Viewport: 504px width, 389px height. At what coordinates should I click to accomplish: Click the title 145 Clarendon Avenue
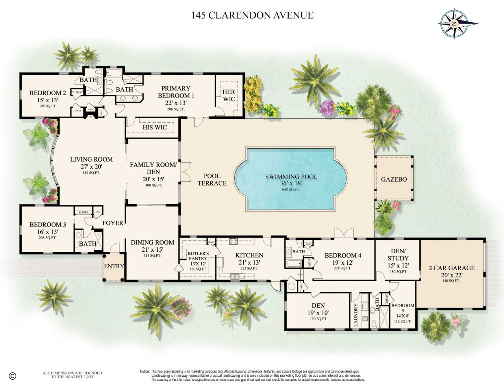click(252, 15)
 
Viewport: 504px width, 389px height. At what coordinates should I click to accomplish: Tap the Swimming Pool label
click(291, 177)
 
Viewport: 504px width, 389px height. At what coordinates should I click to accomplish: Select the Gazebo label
click(394, 179)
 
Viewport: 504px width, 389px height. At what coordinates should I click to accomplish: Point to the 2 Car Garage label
click(452, 268)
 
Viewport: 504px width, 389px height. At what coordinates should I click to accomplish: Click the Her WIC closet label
click(229, 95)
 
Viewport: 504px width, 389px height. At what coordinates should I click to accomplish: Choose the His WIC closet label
click(155, 127)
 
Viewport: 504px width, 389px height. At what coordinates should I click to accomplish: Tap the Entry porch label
click(114, 266)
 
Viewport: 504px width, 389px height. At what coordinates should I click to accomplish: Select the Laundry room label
click(356, 315)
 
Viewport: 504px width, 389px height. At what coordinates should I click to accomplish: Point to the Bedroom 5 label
click(402, 308)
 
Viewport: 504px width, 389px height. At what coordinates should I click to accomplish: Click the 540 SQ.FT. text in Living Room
click(91, 173)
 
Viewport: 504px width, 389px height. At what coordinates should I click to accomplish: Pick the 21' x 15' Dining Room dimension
click(152, 249)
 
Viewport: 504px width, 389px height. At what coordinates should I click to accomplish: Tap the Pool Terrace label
click(212, 179)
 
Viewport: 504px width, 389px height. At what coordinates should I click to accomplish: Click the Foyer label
click(113, 223)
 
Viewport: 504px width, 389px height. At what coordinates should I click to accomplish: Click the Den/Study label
click(398, 254)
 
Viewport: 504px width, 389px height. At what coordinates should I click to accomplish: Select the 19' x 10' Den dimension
click(318, 313)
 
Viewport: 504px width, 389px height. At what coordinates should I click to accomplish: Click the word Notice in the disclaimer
click(144, 371)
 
